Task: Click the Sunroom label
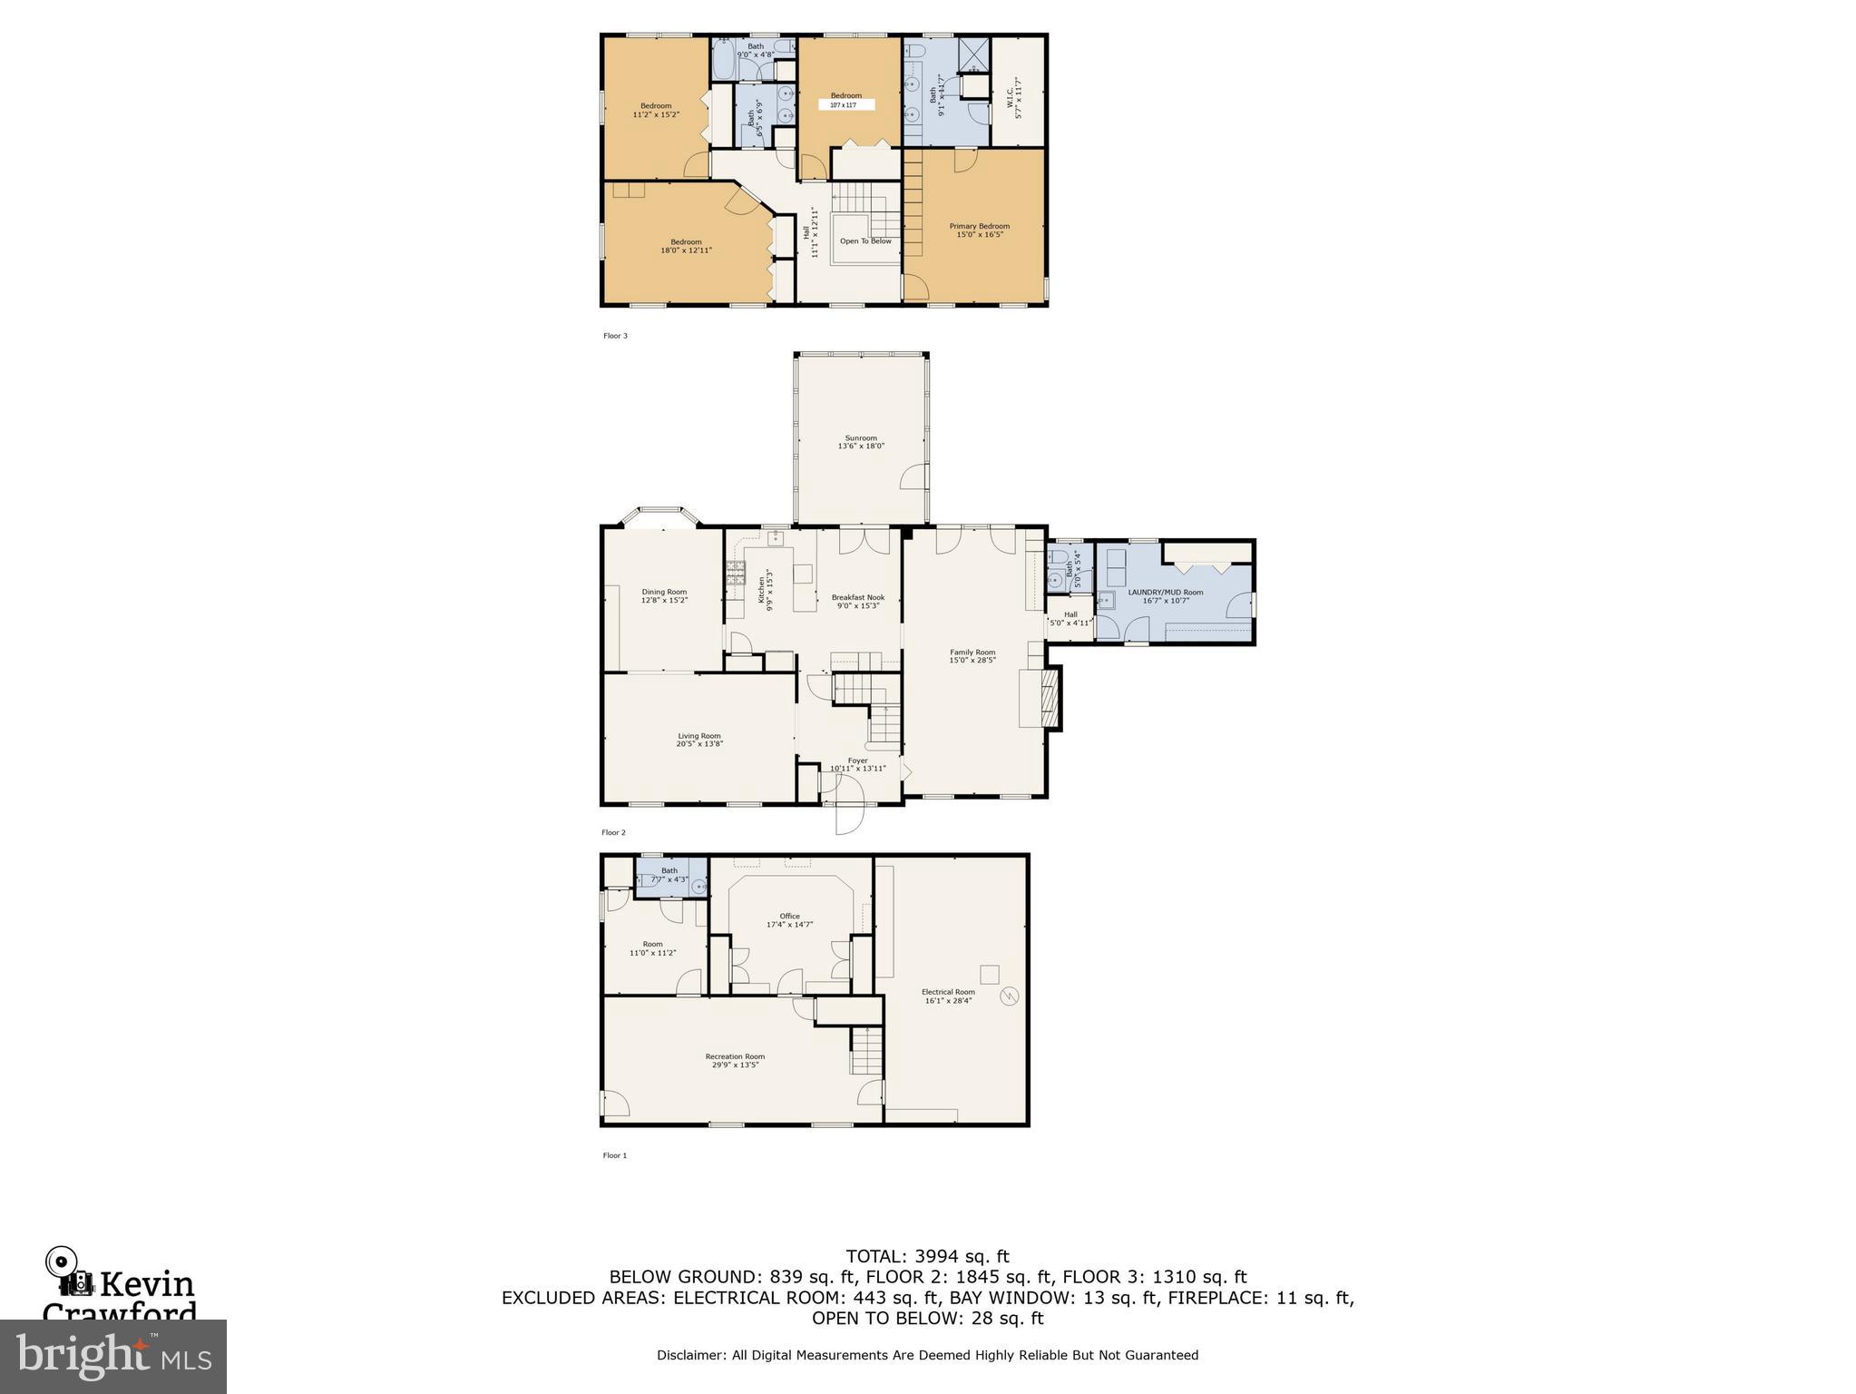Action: click(x=860, y=437)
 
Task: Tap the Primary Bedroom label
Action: click(x=979, y=226)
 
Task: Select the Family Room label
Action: click(x=972, y=652)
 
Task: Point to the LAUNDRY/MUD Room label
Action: click(x=1166, y=592)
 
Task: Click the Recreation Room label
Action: click(x=735, y=1056)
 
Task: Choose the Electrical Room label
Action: click(x=948, y=992)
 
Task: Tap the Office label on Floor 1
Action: click(x=789, y=916)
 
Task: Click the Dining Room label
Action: click(x=664, y=592)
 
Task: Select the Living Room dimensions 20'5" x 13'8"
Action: click(x=699, y=744)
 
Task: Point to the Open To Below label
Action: click(x=865, y=241)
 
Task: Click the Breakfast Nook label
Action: click(x=857, y=597)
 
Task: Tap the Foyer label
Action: click(x=857, y=761)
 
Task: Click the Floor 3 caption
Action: click(x=615, y=336)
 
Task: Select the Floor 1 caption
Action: click(x=614, y=1155)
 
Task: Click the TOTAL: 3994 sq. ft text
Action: click(x=927, y=1256)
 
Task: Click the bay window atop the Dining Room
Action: click(x=659, y=516)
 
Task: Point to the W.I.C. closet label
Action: click(x=1014, y=92)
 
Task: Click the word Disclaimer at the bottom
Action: click(x=690, y=1355)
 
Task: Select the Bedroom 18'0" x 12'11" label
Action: click(x=686, y=241)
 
